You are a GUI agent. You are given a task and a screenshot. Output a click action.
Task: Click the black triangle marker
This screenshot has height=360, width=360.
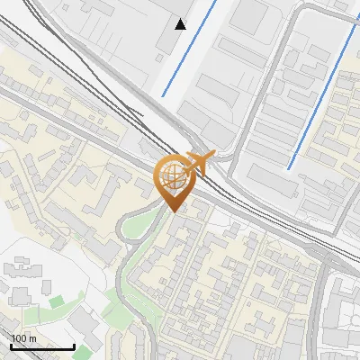click(x=181, y=23)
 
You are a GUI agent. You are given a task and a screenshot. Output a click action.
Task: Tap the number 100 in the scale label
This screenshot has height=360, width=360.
click(x=19, y=338)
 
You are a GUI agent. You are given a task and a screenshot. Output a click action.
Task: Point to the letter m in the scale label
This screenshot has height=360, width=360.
click(x=31, y=338)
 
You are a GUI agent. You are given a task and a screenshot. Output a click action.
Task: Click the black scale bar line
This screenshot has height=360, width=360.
click(x=42, y=346)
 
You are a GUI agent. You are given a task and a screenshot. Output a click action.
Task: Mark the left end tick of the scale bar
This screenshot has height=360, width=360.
click(x=12, y=345)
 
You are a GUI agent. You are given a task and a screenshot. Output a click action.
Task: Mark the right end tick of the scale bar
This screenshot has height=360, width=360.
click(x=74, y=345)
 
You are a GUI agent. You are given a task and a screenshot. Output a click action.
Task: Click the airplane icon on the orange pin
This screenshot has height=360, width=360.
click(x=197, y=163)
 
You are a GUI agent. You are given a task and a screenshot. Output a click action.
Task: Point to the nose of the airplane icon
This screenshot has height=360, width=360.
click(x=212, y=156)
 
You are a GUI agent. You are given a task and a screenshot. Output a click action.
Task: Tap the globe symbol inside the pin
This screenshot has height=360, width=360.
click(x=171, y=175)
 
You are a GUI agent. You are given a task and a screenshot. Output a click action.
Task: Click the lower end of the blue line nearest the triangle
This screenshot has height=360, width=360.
click(x=164, y=94)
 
